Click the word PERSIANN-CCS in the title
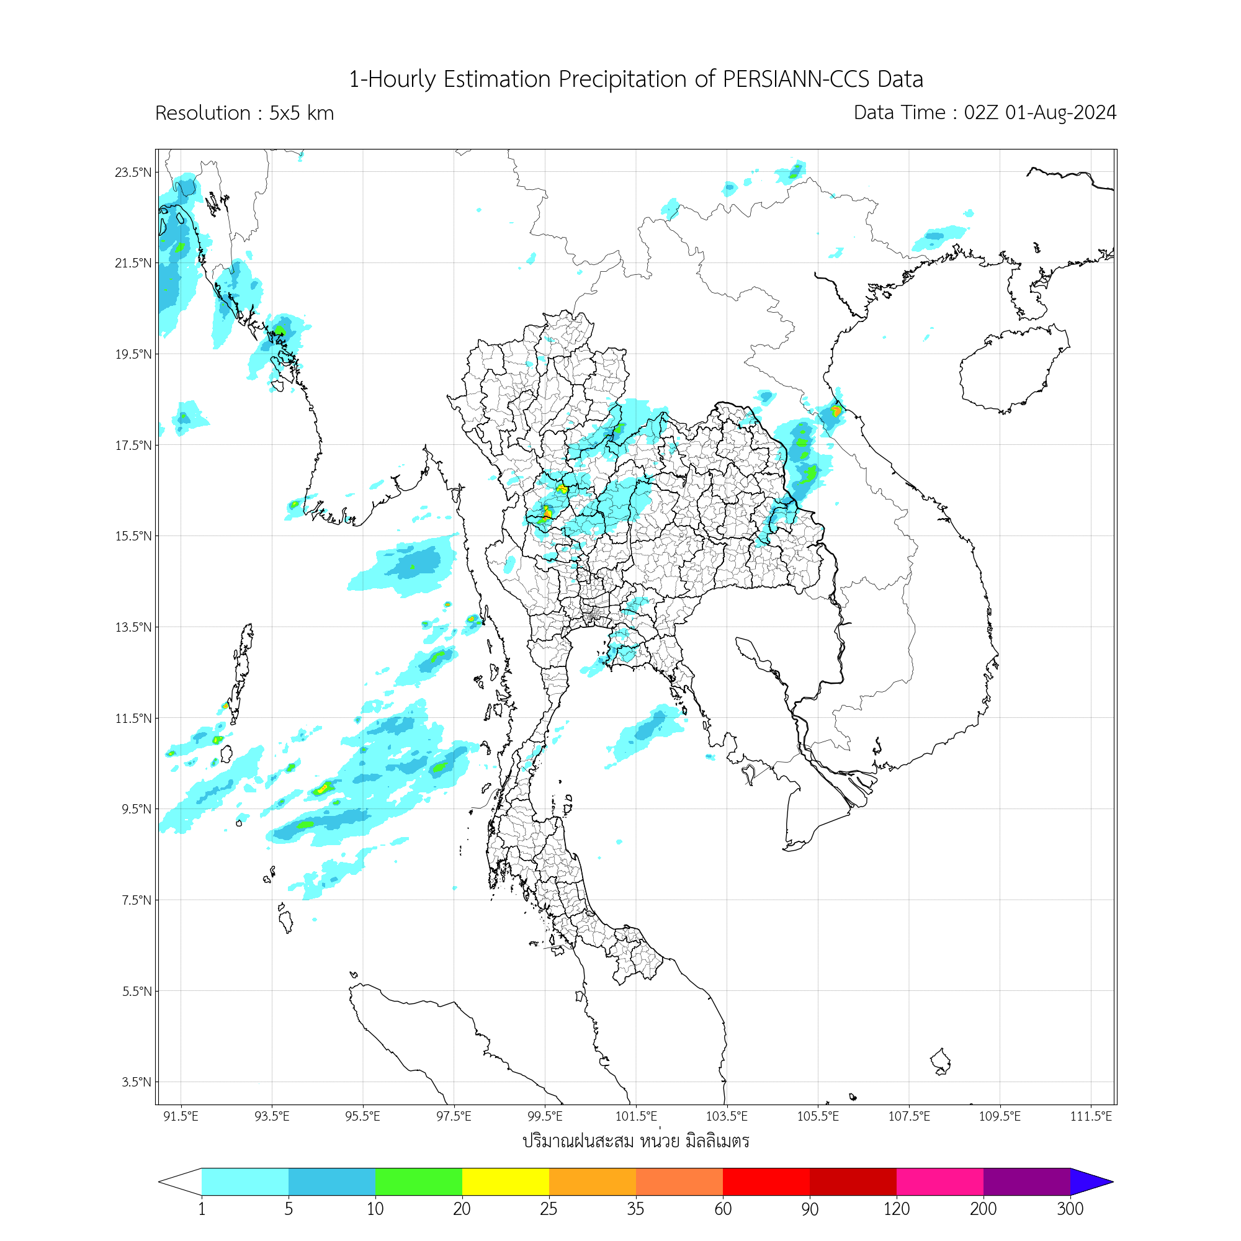[x=797, y=79]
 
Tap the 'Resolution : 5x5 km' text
[x=244, y=113]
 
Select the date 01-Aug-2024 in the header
[x=1060, y=112]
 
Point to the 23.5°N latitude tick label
[x=133, y=172]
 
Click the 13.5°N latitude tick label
[x=133, y=627]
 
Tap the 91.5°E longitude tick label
[x=181, y=1116]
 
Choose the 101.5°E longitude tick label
[x=636, y=1116]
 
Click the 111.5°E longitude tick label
[x=1091, y=1116]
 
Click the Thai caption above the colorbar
[x=636, y=1142]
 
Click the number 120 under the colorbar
[x=896, y=1209]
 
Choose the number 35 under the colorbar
[x=635, y=1209]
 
